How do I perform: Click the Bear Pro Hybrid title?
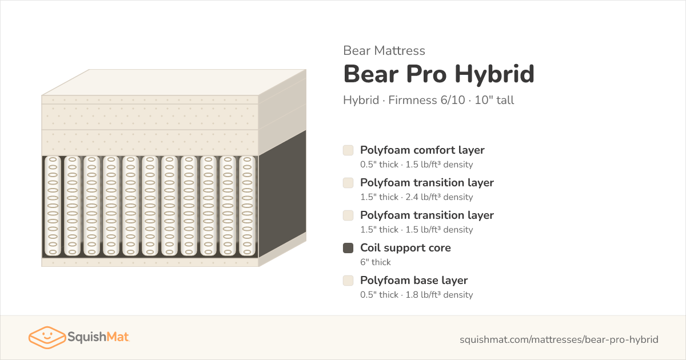439,74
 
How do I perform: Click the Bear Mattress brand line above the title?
384,50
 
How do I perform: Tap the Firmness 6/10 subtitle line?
428,100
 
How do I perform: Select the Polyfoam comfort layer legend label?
422,150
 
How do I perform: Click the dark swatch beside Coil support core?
348,248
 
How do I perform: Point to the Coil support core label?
405,247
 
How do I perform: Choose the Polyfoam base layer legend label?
414,281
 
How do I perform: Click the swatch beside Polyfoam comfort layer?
348,150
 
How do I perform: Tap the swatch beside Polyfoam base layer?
348,281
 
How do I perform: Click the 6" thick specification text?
376,262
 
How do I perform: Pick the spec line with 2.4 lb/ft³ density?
417,197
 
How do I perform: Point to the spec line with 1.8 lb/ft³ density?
417,294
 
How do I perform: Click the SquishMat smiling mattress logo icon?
47,337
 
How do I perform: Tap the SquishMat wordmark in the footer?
98,337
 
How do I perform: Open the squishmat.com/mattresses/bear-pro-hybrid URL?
559,339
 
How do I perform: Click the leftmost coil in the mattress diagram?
53,206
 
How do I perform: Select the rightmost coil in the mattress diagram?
247,206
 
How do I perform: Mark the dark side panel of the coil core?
282,194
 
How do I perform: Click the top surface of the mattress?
174,82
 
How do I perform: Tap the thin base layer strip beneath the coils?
150,262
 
